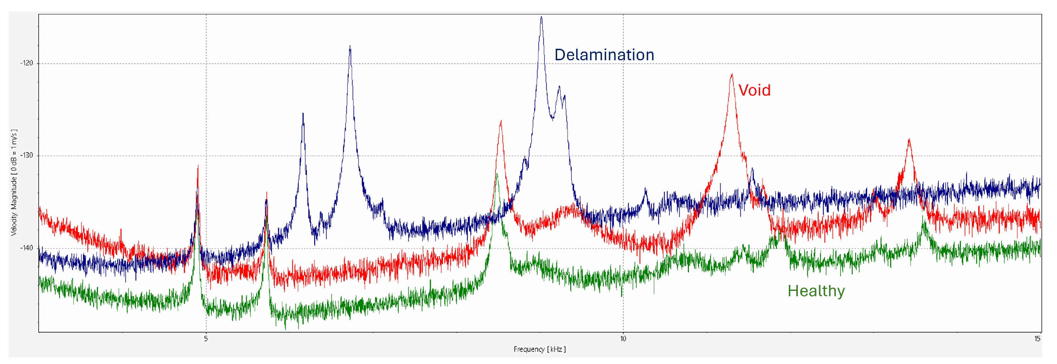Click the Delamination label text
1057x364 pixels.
(x=604, y=55)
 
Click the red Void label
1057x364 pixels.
(x=754, y=90)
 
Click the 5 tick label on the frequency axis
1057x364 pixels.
(x=206, y=339)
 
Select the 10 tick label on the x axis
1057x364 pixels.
(x=623, y=339)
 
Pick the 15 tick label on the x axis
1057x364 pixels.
(x=1037, y=339)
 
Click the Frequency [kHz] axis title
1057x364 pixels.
(x=539, y=349)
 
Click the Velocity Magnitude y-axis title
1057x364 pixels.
(x=14, y=182)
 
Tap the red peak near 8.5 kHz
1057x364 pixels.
(x=501, y=122)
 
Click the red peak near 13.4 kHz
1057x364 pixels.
(x=909, y=140)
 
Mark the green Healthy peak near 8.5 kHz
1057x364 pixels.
(x=497, y=175)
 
